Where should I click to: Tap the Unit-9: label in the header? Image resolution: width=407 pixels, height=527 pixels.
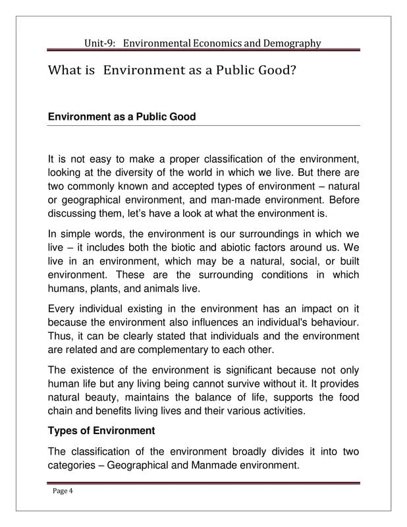[x=101, y=43]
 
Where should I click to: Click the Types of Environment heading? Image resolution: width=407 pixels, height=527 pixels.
[x=101, y=431]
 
